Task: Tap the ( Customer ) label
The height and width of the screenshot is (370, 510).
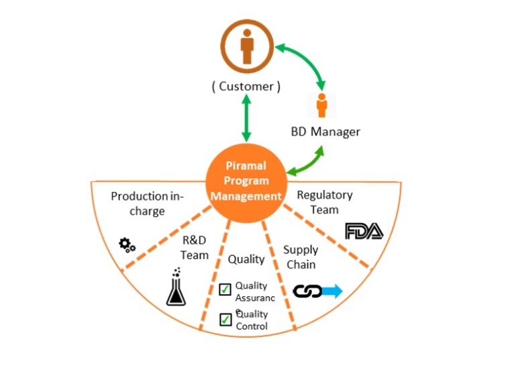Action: (246, 87)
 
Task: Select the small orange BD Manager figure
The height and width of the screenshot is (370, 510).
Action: (321, 107)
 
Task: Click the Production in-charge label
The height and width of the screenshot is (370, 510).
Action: (146, 203)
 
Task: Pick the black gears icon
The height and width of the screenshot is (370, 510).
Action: (127, 245)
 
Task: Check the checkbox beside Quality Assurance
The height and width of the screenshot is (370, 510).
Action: (225, 290)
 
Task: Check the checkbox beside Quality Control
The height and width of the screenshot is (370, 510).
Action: (225, 320)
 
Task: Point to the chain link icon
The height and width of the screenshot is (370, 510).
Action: (308, 291)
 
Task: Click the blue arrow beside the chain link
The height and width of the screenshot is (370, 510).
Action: (333, 291)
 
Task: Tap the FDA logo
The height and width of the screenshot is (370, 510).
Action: (364, 232)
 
